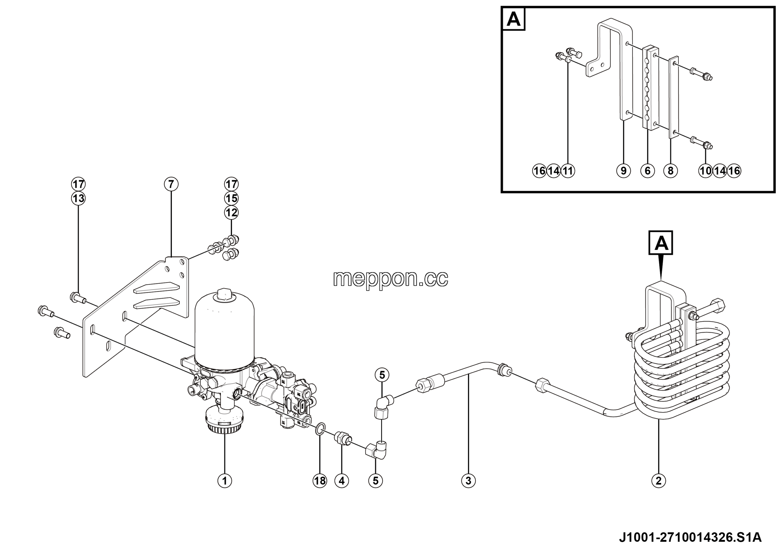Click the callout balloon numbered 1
pos(225,481)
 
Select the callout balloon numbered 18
pos(320,481)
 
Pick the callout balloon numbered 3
pos(468,481)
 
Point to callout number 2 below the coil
pos(659,481)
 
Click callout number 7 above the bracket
pos(171,184)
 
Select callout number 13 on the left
pos(78,198)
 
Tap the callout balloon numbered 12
pos(231,213)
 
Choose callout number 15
pos(231,198)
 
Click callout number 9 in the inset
pos(624,170)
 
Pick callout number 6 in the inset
pos(647,170)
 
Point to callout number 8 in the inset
pos(671,170)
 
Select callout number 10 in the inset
pos(705,170)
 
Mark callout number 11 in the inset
pos(568,170)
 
